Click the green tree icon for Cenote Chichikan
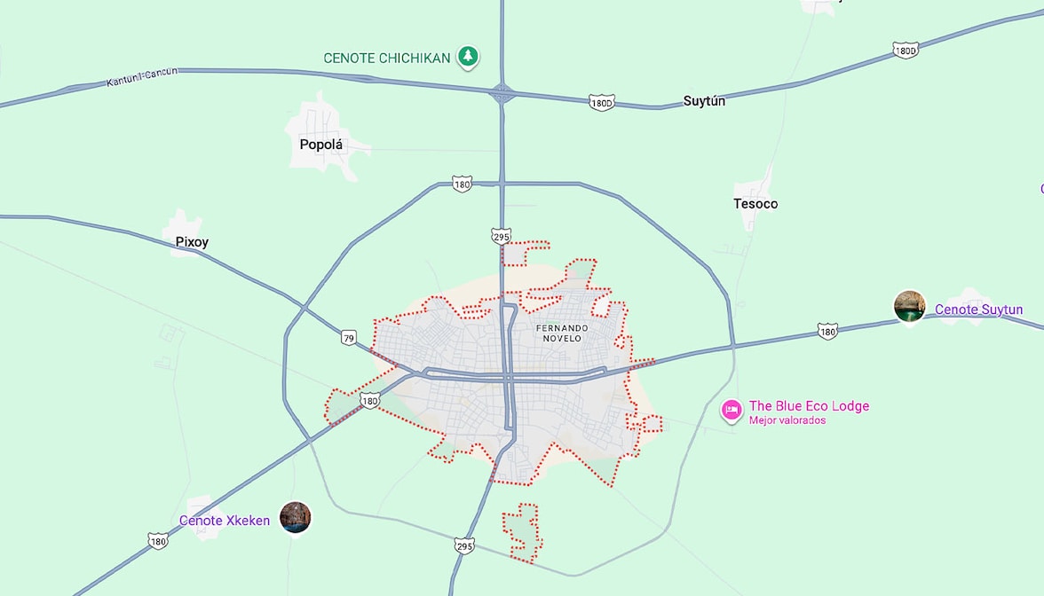468,58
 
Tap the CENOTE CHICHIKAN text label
387,59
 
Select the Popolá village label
321,145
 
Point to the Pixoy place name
192,242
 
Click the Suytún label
704,101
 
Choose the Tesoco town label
755,204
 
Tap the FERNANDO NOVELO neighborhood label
559,333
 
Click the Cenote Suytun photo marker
909,307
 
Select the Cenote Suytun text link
978,310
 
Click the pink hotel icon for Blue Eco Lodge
732,409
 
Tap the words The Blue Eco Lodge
809,406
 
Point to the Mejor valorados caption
787,420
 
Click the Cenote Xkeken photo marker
296,517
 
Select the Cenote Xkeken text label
225,521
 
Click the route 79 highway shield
349,337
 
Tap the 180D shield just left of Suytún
601,104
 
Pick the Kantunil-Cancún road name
142,78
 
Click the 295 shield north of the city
501,236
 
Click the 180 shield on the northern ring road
461,184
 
